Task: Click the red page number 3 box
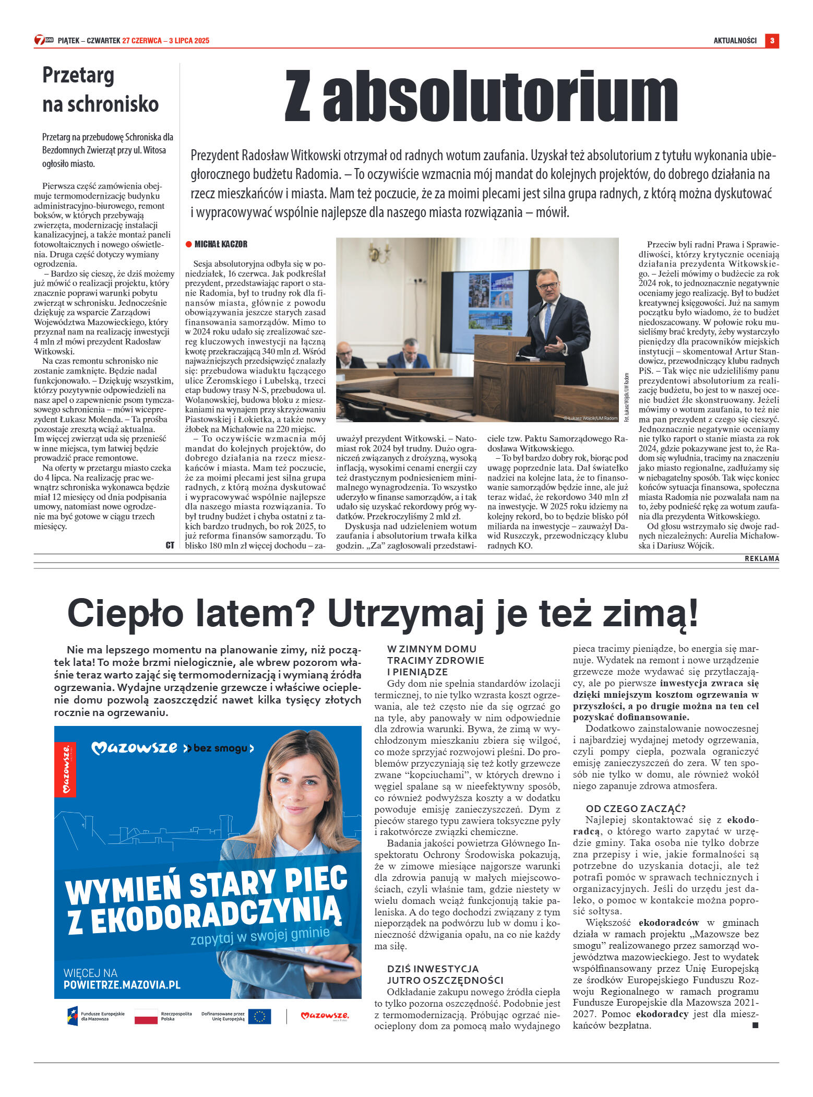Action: click(x=772, y=41)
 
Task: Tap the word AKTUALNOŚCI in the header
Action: click(x=735, y=41)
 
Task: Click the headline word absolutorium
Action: click(x=500, y=97)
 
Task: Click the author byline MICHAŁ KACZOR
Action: click(x=221, y=244)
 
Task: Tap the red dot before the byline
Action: click(x=189, y=244)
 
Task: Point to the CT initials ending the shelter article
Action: click(x=170, y=545)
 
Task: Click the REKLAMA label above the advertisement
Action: click(x=761, y=558)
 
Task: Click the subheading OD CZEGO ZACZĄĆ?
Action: click(x=635, y=808)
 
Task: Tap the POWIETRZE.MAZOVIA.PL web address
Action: click(x=122, y=985)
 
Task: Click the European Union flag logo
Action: click(x=259, y=1016)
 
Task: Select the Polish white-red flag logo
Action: click(x=146, y=1016)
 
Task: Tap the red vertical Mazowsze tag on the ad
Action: click(x=65, y=769)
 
